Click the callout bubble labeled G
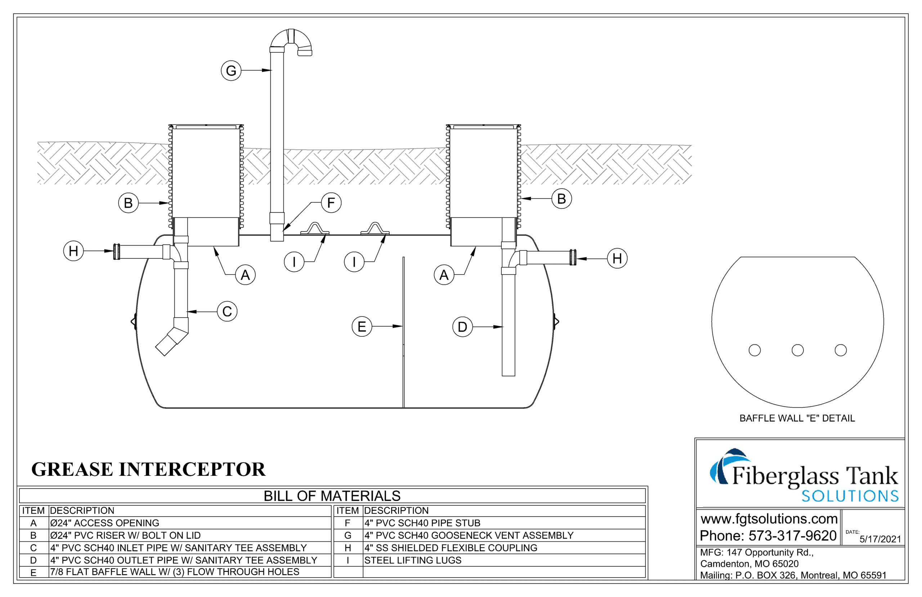[231, 71]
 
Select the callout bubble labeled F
[331, 202]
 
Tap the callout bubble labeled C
[227, 311]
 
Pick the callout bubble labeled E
[361, 326]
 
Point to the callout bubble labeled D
[462, 327]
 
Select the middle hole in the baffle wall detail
[797, 350]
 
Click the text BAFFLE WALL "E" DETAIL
[797, 418]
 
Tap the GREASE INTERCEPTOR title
[148, 469]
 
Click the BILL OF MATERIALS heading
[332, 496]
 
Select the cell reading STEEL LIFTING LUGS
[412, 560]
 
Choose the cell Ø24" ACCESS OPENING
[104, 523]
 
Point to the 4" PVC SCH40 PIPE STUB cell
[422, 523]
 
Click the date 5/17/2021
[880, 539]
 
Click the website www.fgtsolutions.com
[769, 519]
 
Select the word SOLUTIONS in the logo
[850, 496]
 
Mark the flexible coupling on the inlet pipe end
[117, 252]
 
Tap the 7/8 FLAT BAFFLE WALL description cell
[175, 572]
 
